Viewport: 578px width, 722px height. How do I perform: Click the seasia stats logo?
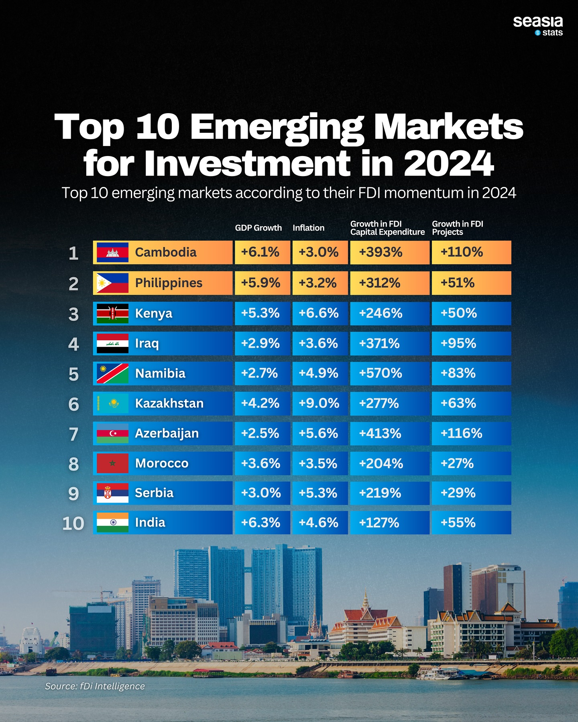click(x=538, y=26)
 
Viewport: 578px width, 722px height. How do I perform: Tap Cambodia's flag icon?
click(x=112, y=252)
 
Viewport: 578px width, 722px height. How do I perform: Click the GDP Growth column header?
click(x=258, y=228)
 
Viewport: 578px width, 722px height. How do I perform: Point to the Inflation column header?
click(x=308, y=228)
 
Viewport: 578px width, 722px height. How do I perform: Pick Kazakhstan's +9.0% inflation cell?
click(x=319, y=403)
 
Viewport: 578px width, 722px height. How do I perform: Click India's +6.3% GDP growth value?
click(x=261, y=523)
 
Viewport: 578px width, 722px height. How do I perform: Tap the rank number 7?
click(x=73, y=434)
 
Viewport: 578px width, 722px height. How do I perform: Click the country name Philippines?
click(x=169, y=283)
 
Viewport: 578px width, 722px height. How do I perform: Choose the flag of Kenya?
click(x=112, y=313)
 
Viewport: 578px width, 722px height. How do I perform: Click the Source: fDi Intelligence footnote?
click(x=95, y=686)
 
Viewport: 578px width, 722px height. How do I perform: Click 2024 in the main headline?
click(x=448, y=164)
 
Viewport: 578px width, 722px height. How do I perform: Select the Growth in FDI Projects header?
click(x=458, y=228)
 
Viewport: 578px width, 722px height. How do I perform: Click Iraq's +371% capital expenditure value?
click(x=379, y=343)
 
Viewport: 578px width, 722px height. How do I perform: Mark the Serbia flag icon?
click(x=112, y=493)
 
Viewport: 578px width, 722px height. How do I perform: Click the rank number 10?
click(x=73, y=523)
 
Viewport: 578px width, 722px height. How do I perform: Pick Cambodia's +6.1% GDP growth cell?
click(x=260, y=252)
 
